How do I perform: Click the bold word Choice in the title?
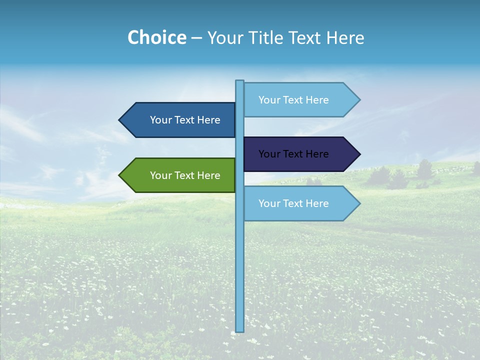point(156,37)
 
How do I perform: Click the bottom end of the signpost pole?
point(240,330)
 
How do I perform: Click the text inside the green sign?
point(185,175)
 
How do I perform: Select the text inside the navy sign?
point(293,154)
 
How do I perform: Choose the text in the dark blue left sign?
point(185,120)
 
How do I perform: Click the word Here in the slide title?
point(345,37)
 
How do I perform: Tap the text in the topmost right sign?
point(293,100)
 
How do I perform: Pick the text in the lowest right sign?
point(293,203)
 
